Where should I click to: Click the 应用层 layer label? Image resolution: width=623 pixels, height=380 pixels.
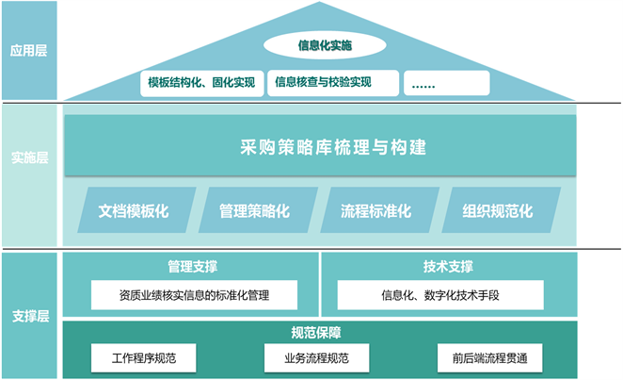tap(28, 50)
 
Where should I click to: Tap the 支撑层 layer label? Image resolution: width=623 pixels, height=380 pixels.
tap(28, 315)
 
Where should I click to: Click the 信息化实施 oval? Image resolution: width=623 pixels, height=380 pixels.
tap(326, 44)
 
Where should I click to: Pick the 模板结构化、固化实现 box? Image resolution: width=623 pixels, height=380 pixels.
tap(201, 82)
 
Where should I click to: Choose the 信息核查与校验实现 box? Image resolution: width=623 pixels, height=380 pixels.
tap(323, 82)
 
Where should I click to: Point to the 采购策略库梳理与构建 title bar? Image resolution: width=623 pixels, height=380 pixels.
tap(319, 147)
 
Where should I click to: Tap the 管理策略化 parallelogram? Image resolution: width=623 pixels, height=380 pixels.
tap(253, 210)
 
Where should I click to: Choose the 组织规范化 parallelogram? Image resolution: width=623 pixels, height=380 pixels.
tap(497, 210)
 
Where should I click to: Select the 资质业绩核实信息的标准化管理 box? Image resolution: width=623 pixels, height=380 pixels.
tap(194, 295)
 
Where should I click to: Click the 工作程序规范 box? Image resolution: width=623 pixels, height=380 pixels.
tap(143, 358)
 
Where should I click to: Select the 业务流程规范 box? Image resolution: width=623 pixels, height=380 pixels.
tap(315, 358)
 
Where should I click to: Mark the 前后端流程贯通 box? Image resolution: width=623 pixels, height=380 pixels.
tap(489, 358)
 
